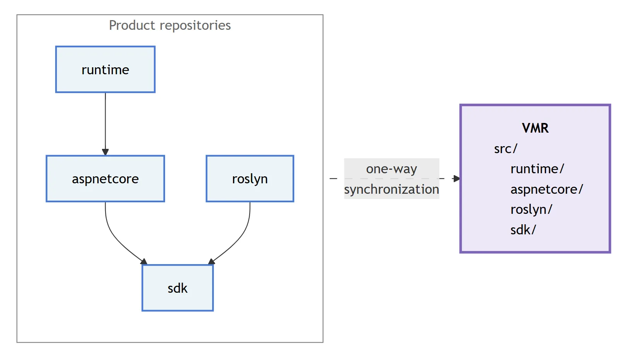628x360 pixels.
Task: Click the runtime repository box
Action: [105, 70]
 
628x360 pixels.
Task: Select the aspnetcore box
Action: [105, 179]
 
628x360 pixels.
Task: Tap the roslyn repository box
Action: [250, 179]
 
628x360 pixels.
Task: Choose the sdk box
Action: [177, 288]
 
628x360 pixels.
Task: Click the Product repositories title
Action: [170, 26]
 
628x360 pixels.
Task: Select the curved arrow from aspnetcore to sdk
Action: [114, 235]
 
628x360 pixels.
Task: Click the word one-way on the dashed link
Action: [391, 169]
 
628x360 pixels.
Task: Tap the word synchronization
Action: [391, 189]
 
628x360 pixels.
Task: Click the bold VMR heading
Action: [535, 128]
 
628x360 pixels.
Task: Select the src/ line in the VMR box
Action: [505, 148]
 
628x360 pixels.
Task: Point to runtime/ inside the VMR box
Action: [537, 169]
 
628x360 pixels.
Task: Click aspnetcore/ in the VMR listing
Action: [546, 189]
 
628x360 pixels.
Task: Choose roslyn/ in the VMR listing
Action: [531, 210]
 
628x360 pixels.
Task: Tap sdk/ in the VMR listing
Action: [523, 230]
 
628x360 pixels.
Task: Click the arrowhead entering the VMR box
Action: [456, 179]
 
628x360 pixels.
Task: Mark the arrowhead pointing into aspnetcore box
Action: [105, 152]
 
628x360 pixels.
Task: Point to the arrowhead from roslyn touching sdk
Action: [211, 262]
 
